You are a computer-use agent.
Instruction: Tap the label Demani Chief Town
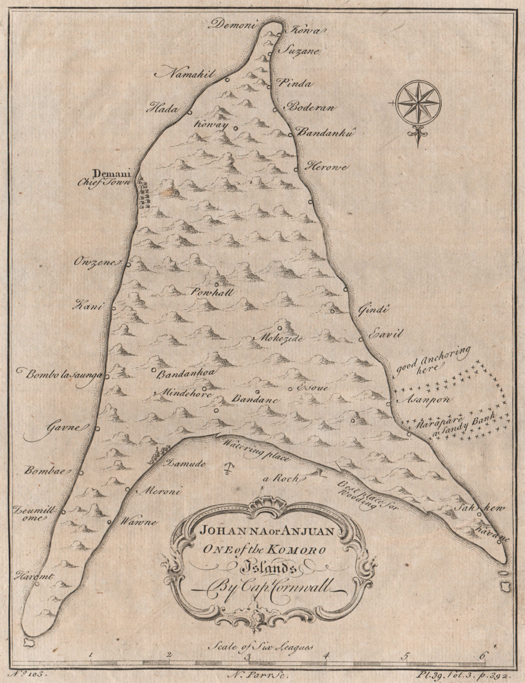click(113, 177)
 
